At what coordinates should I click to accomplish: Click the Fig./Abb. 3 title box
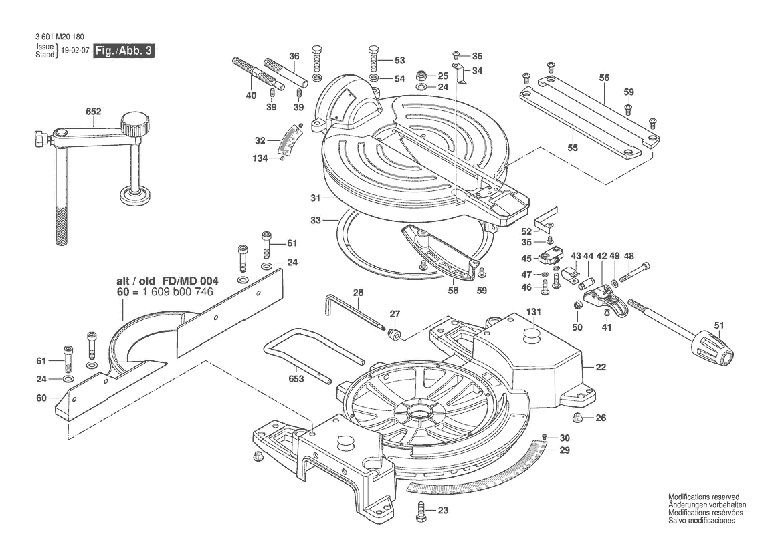pos(124,50)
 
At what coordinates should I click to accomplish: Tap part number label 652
pos(93,111)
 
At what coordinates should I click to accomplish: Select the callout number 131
pos(534,312)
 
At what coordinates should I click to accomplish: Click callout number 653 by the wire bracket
pos(296,379)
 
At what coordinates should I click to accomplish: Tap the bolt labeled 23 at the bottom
pos(421,512)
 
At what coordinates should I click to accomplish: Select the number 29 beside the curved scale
pos(564,450)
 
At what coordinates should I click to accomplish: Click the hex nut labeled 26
pos(579,418)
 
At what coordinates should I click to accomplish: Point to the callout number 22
pos(601,367)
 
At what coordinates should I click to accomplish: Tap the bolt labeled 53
pos(373,59)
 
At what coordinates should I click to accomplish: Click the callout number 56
pos(605,78)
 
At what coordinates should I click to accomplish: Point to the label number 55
pos(573,148)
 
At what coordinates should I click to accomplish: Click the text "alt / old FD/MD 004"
pos(167,281)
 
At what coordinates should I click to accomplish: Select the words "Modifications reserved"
pos(704,497)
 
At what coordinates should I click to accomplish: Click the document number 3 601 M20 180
pos(60,37)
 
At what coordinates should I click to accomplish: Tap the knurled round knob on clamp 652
pos(136,124)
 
